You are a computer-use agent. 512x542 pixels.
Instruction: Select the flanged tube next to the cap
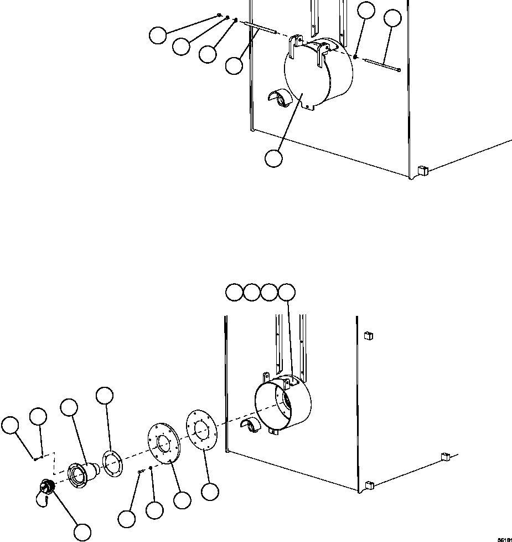[x=79, y=473]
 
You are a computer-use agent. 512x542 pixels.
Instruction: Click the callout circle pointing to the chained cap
[x=82, y=532]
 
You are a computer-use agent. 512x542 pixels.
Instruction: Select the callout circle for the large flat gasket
[x=210, y=492]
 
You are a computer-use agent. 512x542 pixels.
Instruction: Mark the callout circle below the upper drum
[x=273, y=158]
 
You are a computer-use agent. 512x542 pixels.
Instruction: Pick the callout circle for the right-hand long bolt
[x=392, y=18]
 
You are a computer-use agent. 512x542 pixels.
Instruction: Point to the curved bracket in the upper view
[x=280, y=99]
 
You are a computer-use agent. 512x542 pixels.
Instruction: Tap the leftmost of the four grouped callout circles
[x=235, y=292]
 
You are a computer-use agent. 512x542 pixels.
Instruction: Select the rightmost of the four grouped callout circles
[x=286, y=292]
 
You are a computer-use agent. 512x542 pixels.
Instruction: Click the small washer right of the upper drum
[x=356, y=56]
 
